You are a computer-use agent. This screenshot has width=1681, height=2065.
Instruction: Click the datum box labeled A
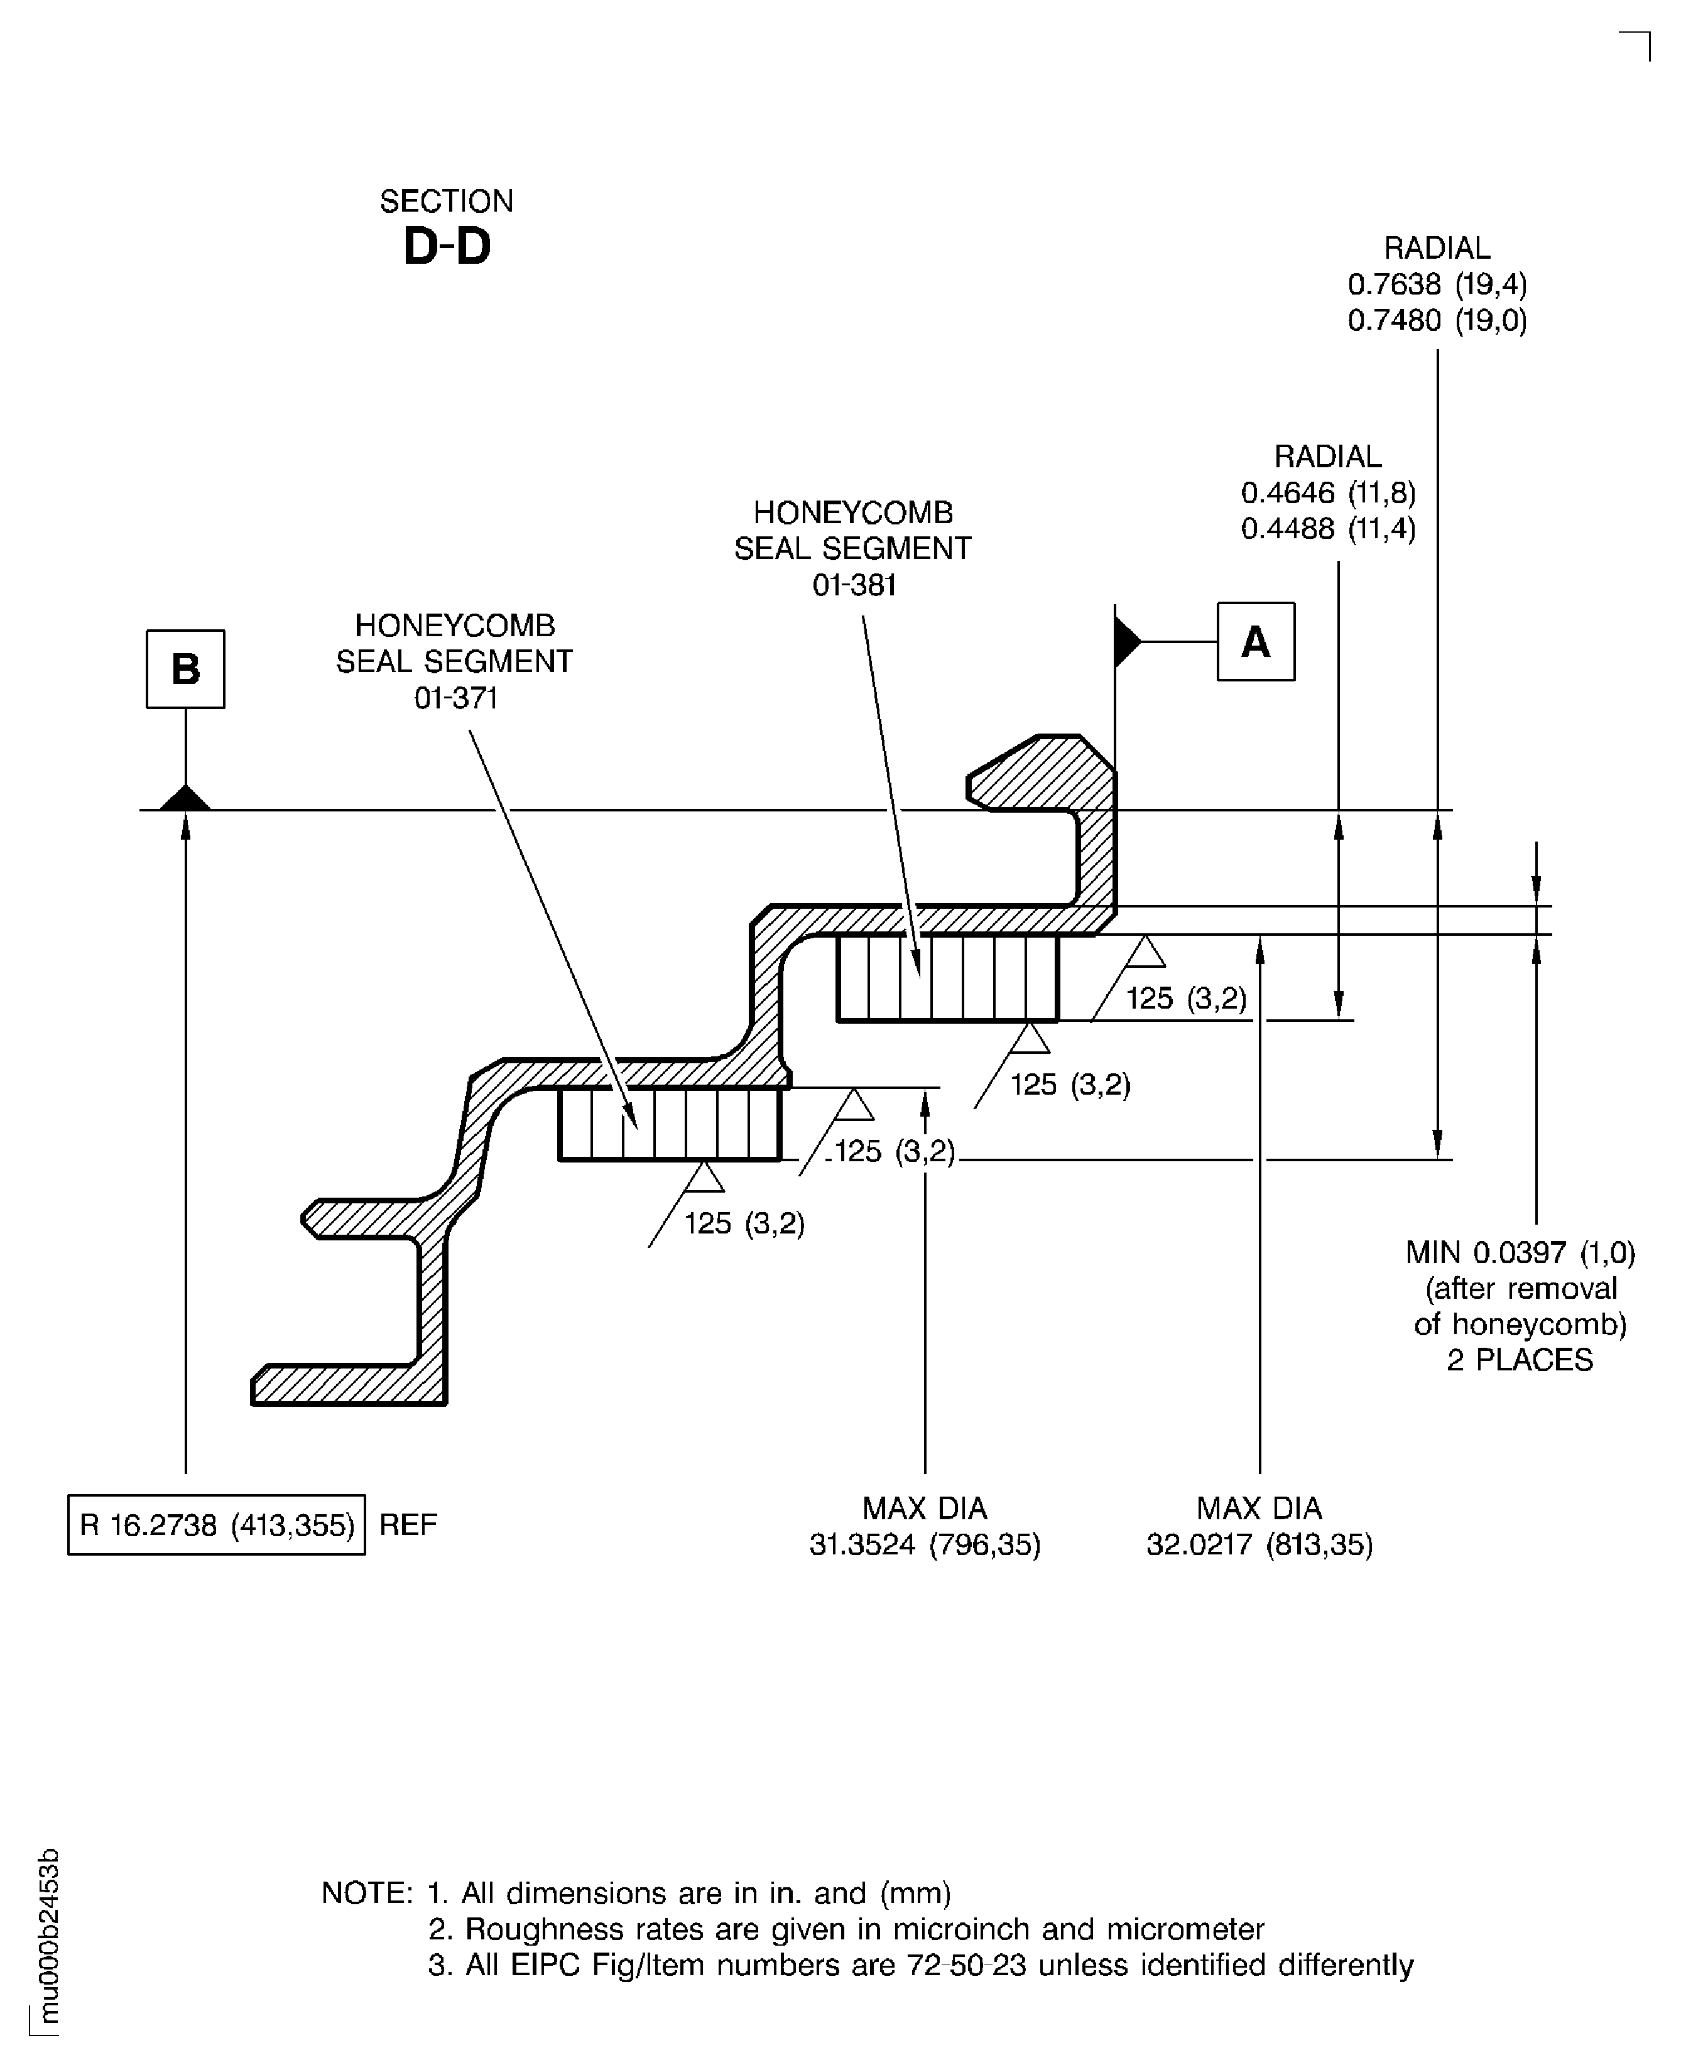tap(1255, 642)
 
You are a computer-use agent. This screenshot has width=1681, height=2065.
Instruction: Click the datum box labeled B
tap(185, 669)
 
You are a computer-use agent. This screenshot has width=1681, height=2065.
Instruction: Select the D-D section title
tap(447, 246)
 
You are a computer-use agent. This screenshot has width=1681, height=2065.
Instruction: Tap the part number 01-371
tap(455, 698)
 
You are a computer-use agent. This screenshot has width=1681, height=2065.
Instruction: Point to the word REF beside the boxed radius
tap(408, 1525)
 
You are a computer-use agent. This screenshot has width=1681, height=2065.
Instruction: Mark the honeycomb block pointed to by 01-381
tap(947, 978)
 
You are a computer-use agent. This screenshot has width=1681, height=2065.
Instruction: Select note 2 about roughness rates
tap(846, 1929)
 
